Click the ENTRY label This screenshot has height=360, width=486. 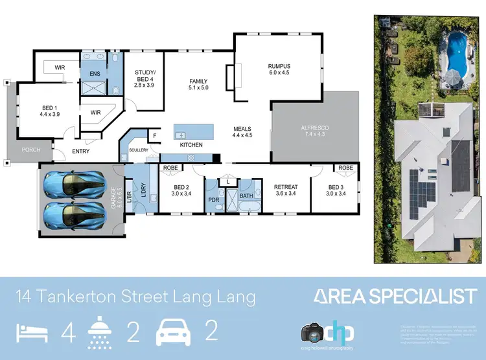(81, 152)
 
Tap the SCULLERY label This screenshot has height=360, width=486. (139, 150)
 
